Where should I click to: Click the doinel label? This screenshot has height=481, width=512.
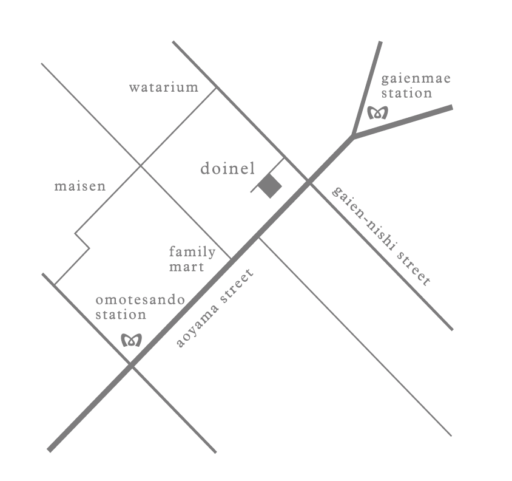(x=227, y=169)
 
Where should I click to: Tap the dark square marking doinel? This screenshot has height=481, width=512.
(x=270, y=186)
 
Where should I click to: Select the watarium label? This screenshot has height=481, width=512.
(x=163, y=87)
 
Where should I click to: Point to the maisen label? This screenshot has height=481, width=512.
(x=80, y=186)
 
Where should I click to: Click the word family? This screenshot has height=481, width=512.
(x=192, y=252)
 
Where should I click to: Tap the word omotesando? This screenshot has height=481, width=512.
(x=141, y=301)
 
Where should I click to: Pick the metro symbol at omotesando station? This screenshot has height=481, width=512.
(x=132, y=340)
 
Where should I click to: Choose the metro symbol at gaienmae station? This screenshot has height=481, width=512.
(x=378, y=112)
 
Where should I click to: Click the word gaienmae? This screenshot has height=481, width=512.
(x=416, y=79)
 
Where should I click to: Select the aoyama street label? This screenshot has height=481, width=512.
(x=215, y=308)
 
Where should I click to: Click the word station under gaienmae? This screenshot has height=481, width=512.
(x=406, y=94)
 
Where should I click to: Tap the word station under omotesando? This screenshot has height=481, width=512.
(x=121, y=315)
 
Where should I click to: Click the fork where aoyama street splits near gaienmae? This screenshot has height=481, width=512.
(x=353, y=137)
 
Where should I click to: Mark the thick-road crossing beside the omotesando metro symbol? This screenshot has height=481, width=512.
(x=130, y=364)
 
